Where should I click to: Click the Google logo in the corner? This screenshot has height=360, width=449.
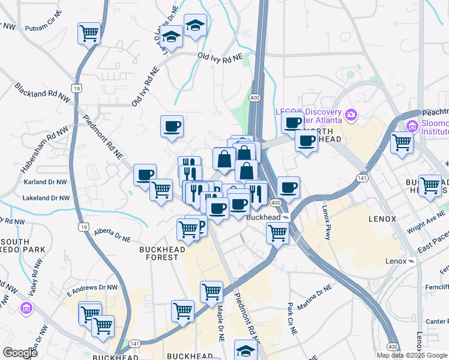click(x=20, y=352)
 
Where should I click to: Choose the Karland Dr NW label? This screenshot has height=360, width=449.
click(x=43, y=181)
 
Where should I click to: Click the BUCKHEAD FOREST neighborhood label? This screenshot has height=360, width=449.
click(x=159, y=253)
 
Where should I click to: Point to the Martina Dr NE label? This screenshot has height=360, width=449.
click(x=315, y=296)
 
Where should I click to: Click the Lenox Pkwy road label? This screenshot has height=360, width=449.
click(x=327, y=222)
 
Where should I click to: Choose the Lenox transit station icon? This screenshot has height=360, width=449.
click(x=412, y=262)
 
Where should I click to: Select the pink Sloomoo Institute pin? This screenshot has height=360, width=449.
click(x=412, y=126)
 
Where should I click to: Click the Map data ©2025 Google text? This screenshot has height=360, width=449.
click(x=411, y=355)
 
